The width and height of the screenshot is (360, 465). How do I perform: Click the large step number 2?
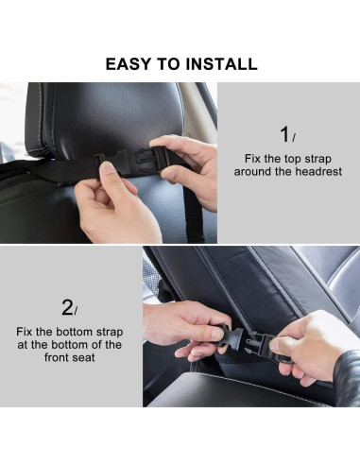[67, 307]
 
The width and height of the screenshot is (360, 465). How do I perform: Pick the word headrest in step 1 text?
[317, 172]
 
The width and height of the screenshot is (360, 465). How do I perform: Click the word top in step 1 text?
[278, 159]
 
